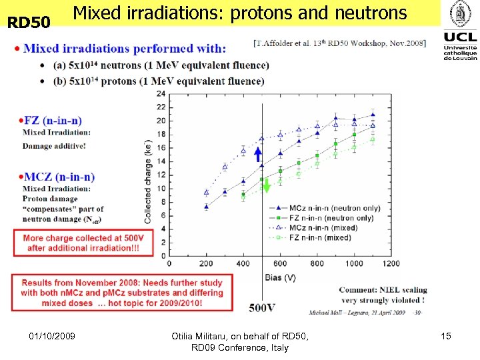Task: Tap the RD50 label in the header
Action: pyautogui.click(x=29, y=23)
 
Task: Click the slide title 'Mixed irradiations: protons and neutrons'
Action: pyautogui.click(x=239, y=13)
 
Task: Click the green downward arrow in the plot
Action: pyautogui.click(x=267, y=185)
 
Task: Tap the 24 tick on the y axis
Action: pyautogui.click(x=161, y=93)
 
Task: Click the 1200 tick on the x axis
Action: pyautogui.click(x=391, y=263)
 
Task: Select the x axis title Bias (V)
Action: pyautogui.click(x=280, y=275)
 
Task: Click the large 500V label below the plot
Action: pyautogui.click(x=262, y=307)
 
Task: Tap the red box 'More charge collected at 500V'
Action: pyautogui.click(x=83, y=243)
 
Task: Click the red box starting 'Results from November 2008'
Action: pyautogui.click(x=122, y=293)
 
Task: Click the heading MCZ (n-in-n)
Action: pyautogui.click(x=59, y=177)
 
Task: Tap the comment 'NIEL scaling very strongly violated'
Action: pyautogui.click(x=383, y=295)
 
